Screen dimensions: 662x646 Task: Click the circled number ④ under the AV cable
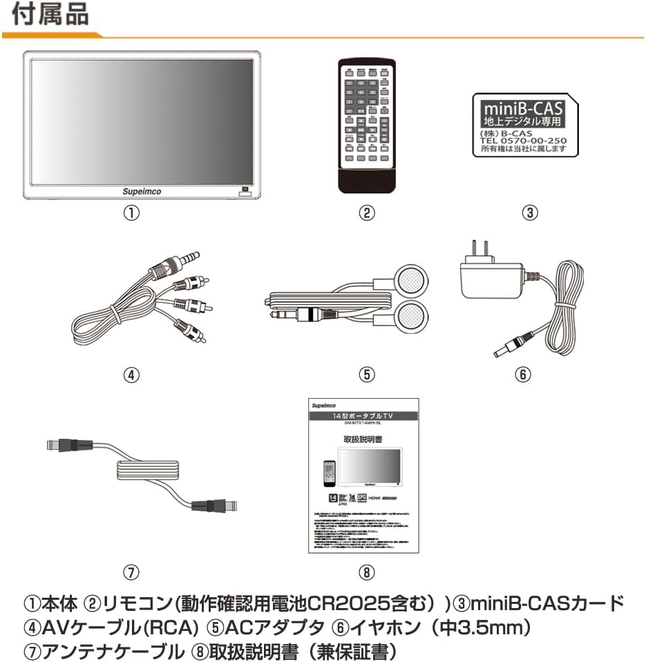coord(131,375)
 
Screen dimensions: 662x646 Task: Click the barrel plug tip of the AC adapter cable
coord(503,350)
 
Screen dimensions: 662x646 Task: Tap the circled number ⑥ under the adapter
coord(523,375)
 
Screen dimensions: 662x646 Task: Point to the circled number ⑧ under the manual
coord(367,572)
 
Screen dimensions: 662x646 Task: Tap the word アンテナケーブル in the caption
coord(111,650)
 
